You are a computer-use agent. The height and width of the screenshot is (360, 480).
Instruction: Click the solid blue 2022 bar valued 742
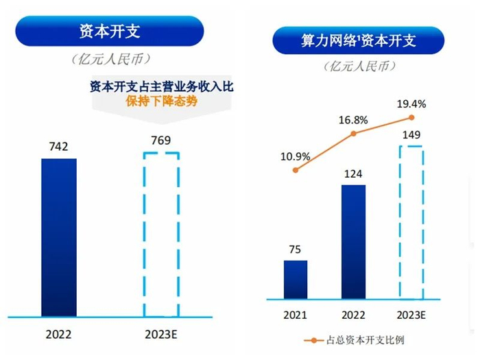(59, 237)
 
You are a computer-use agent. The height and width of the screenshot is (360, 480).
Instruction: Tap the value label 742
(59, 146)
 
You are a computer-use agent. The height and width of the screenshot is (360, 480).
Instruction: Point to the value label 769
(160, 141)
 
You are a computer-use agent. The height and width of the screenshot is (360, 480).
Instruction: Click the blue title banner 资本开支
(110, 31)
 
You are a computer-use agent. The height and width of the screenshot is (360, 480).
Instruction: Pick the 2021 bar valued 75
(296, 280)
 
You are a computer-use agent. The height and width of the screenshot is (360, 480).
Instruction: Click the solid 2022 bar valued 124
(354, 242)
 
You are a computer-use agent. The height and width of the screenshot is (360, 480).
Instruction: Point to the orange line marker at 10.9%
(296, 169)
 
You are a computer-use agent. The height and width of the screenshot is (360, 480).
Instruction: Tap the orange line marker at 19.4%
(411, 118)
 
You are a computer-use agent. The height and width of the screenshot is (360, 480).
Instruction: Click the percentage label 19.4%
(411, 104)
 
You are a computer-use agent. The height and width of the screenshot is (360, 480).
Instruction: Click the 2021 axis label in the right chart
(296, 316)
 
